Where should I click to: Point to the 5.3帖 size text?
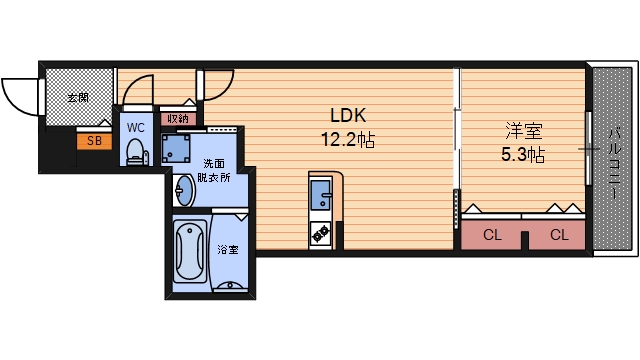pos(521,155)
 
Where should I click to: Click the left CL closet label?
pos(491,236)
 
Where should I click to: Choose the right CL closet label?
pos(559,236)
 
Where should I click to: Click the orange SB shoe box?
pos(94,141)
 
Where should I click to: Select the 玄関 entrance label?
pos(78,98)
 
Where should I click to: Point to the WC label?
pos(136,127)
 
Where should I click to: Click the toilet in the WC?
pos(135,151)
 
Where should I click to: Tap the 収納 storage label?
pos(178,118)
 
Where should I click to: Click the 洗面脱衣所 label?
pos(215,170)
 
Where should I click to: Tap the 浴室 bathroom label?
pos(228,249)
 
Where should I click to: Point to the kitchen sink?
pos(323,195)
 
